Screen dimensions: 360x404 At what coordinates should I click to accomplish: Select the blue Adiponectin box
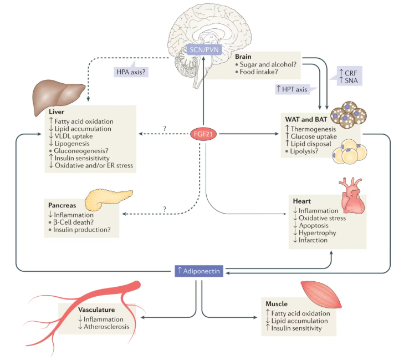pos(198,271)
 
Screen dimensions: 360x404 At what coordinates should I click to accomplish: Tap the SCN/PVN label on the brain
pos(203,50)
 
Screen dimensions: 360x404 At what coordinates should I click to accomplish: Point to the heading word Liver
pos(57,112)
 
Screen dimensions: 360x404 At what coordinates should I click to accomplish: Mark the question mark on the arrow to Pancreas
pos(165,209)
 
